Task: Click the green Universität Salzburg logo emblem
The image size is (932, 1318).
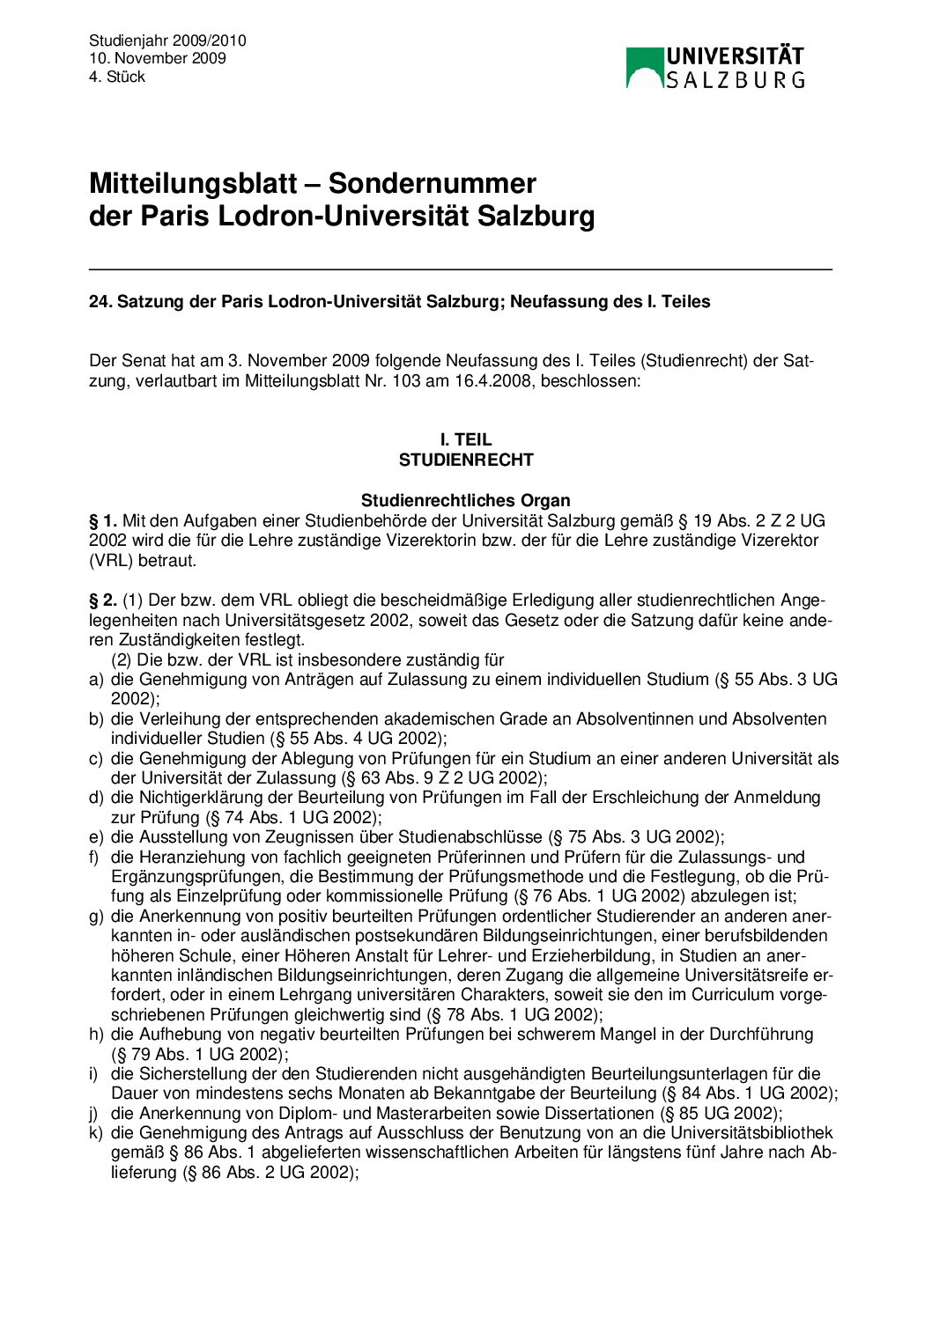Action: point(643,68)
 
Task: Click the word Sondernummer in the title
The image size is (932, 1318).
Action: point(432,183)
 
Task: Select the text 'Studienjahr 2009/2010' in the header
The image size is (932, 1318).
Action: point(167,40)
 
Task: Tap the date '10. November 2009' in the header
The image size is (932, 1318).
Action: point(157,58)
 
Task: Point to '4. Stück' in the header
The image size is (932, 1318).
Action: point(116,77)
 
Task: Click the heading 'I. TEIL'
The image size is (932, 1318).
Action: point(466,439)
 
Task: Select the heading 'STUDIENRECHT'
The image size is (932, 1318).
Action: point(466,460)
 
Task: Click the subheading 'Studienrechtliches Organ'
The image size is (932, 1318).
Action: point(466,501)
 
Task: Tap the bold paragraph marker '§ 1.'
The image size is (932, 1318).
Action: point(103,521)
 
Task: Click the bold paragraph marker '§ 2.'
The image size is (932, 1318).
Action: point(103,600)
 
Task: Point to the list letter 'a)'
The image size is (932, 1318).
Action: point(96,680)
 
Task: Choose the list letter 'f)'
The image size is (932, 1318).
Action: point(94,857)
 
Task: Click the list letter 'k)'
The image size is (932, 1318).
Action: point(96,1133)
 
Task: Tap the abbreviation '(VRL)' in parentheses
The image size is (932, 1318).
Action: point(109,560)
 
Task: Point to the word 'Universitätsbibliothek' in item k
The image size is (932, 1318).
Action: point(751,1133)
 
